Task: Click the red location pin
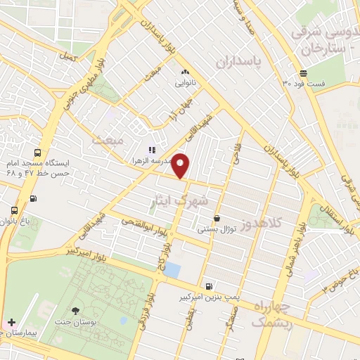181,165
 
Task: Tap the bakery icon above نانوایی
184,72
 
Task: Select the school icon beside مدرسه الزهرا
150,149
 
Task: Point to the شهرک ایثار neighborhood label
180,201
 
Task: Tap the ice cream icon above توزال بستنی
217,219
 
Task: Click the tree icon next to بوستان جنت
76,310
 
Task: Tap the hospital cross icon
11,321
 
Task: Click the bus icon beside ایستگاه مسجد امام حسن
37,153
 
